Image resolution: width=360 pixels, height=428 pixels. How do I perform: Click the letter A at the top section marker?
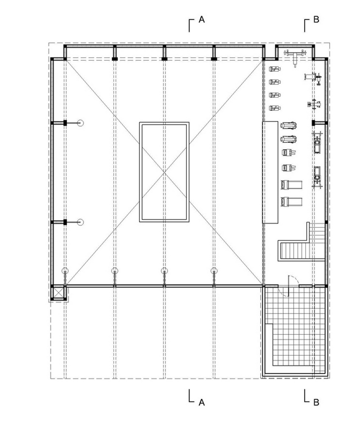(202, 19)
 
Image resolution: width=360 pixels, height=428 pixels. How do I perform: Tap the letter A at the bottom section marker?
(202, 402)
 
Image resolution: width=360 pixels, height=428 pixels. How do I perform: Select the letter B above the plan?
(316, 19)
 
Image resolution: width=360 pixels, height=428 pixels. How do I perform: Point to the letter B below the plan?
(316, 402)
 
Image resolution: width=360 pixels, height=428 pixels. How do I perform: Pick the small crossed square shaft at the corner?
(58, 293)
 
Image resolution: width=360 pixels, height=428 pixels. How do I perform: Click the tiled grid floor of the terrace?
(295, 328)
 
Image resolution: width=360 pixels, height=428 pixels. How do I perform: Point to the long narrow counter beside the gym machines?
(270, 172)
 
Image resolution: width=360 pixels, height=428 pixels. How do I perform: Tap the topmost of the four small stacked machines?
(275, 69)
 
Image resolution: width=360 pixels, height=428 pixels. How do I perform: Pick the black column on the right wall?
(314, 123)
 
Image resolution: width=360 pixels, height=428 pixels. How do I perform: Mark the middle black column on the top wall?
(164, 59)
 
